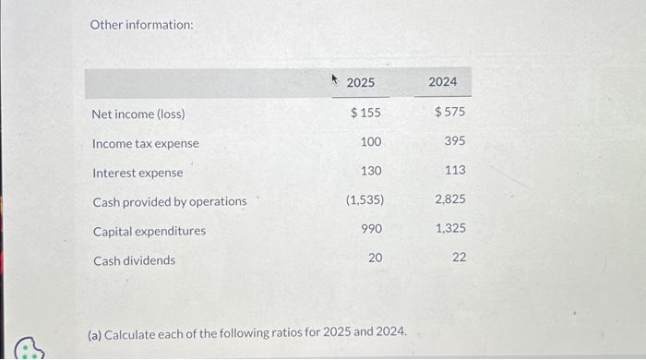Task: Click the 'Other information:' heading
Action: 141,24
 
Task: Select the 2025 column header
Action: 361,83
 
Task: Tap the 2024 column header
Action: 443,82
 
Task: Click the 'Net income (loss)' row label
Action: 138,114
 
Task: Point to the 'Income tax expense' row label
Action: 146,144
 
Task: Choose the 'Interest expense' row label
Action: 138,173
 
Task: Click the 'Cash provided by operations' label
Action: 170,201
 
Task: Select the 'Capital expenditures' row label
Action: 150,231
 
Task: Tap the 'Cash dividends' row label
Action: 134,260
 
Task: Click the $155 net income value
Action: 366,113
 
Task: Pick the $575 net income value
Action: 449,113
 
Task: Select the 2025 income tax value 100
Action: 371,142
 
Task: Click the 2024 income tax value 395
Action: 454,142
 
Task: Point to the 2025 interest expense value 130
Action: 371,171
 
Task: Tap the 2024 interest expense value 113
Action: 454,171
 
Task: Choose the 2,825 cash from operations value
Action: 449,199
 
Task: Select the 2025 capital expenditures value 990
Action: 371,229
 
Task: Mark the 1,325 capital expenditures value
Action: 449,229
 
